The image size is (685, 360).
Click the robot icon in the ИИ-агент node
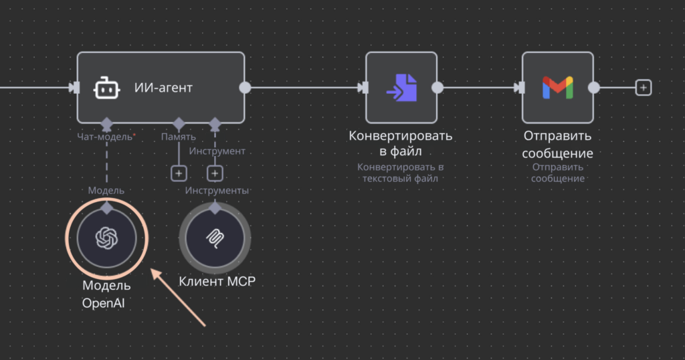click(106, 88)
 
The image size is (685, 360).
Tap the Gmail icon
click(557, 88)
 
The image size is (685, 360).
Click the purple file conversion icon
click(401, 88)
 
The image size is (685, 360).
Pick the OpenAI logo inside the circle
click(106, 238)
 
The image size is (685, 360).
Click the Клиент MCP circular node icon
click(215, 238)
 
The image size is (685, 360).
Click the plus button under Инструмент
click(215, 174)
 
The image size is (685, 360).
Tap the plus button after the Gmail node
click(643, 88)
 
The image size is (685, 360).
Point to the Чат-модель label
click(106, 137)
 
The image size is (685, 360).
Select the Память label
click(178, 137)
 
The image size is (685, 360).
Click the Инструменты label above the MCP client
click(217, 191)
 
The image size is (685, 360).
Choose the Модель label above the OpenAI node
click(106, 191)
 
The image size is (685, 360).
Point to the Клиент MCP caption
click(217, 281)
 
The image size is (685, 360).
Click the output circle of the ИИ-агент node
click(245, 88)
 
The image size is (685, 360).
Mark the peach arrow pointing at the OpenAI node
click(179, 298)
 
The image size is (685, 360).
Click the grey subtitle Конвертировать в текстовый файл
click(401, 173)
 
